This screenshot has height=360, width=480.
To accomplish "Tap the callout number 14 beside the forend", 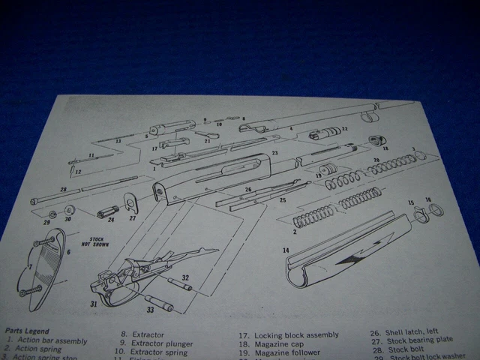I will (x=285, y=250).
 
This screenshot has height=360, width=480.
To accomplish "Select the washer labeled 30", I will (x=68, y=209).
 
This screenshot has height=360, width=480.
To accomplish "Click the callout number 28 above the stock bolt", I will (x=64, y=190).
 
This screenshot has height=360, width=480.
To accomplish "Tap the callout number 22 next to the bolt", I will (x=344, y=129).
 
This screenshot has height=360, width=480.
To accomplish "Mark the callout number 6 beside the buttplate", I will (x=68, y=253).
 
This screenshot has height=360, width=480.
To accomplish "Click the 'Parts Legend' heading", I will (x=27, y=330).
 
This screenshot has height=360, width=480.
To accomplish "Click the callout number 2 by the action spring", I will (x=294, y=232).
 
